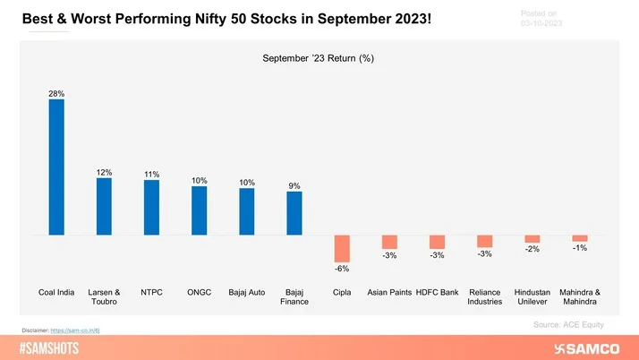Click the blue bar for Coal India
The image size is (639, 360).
56,167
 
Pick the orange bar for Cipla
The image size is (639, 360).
342,247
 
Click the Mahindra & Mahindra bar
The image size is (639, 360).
580,238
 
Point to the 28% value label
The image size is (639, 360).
56,92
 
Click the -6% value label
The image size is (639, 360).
342,269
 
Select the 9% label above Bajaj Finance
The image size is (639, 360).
294,185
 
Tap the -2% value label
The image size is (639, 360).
532,250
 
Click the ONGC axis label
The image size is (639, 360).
199,292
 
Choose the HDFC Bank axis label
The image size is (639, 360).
437,292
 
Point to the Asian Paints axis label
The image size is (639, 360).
389,292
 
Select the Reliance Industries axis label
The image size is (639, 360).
484,296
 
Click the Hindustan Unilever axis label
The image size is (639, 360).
532,296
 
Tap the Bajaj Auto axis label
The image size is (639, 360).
246,292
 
